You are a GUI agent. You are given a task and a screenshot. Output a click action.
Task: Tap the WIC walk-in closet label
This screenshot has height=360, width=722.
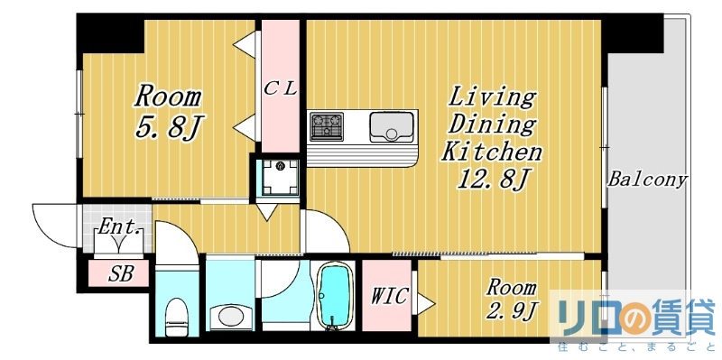coord(390,295)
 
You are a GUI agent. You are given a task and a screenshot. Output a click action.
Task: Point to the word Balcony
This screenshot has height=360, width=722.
coord(647,179)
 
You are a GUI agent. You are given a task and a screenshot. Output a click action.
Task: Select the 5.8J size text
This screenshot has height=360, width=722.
coord(167,127)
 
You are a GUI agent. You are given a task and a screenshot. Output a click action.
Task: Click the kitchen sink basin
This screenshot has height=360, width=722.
coord(391,125)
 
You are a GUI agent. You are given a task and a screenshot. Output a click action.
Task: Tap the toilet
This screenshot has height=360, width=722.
coord(177,315)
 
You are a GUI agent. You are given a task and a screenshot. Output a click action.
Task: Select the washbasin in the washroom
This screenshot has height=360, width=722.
coord(230,317)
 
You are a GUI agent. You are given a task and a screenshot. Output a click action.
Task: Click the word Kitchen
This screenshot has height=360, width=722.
coord(491,152)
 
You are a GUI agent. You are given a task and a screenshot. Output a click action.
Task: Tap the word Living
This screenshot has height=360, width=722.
coord(492,97)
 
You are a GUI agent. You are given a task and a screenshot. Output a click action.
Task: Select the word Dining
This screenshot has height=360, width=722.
coord(492,125)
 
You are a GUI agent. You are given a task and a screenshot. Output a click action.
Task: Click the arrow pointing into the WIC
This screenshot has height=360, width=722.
coord(421,300)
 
